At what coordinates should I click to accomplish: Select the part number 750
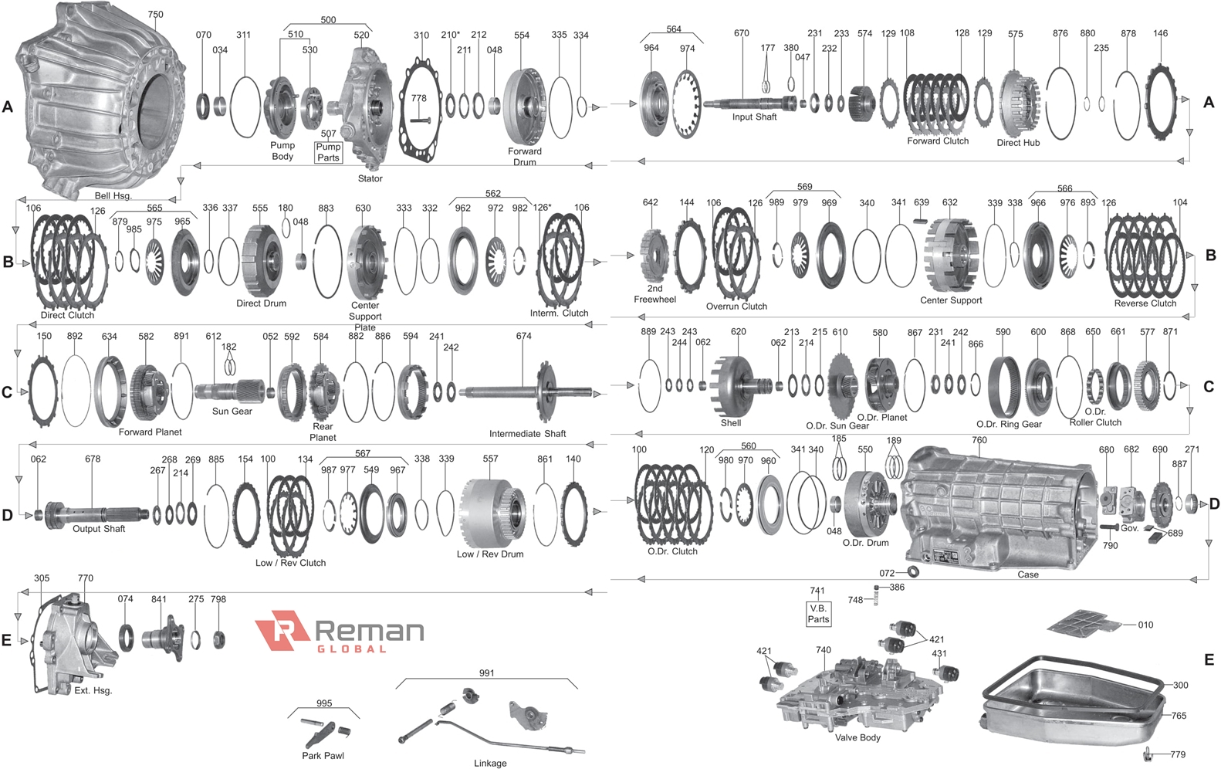155,14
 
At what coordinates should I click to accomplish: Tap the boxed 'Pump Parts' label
328,152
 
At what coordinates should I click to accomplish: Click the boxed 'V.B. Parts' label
818,614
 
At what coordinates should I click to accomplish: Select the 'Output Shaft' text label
99,529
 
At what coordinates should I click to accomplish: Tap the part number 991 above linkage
486,672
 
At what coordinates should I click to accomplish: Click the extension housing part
73,645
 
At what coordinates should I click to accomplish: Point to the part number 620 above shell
738,332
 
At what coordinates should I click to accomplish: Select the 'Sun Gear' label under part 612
232,412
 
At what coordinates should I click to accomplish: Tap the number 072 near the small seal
887,573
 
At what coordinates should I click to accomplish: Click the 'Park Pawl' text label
323,756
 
